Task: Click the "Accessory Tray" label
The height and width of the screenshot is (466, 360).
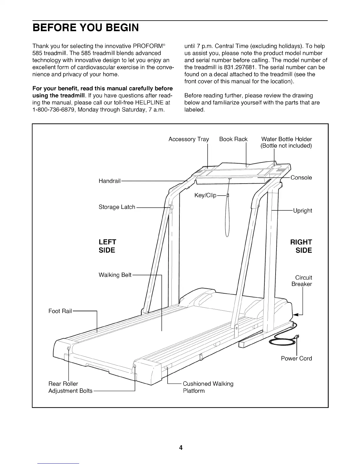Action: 189,139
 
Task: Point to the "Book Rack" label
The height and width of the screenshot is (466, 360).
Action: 233,139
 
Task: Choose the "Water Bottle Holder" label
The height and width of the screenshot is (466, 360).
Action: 286,139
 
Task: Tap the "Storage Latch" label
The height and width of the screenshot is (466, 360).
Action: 117,207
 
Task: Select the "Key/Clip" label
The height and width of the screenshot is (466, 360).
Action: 205,196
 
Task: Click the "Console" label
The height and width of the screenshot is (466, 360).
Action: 301,178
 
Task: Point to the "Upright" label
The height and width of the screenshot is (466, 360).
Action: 302,211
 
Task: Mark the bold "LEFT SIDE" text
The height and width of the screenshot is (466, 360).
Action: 107,246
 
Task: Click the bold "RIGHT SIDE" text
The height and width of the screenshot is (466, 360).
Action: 301,246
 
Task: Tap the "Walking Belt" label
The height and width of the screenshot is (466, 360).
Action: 115,275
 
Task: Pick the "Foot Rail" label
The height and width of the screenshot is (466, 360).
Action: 60,311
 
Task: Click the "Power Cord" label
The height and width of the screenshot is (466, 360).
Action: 296,358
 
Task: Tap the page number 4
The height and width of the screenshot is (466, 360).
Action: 181,448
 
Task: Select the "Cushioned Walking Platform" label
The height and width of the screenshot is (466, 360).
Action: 208,387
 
